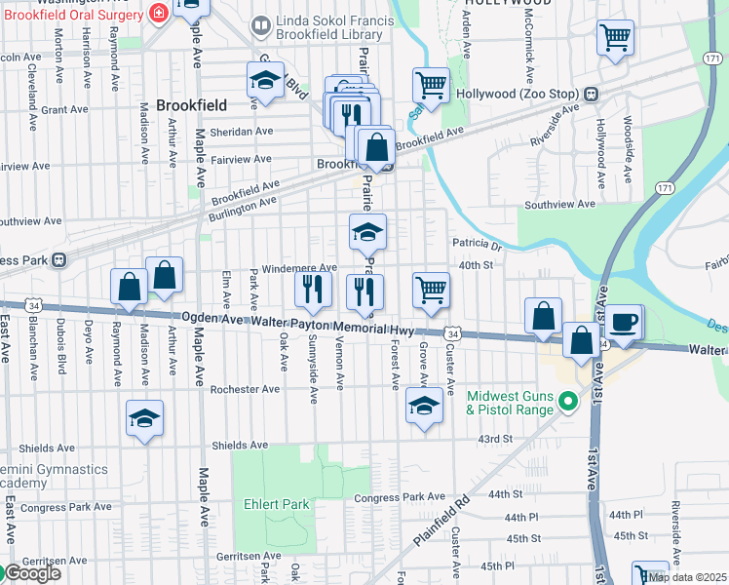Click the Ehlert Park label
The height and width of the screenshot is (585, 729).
click(277, 504)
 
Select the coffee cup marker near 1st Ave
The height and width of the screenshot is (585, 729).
click(625, 322)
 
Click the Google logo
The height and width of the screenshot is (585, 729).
click(31, 573)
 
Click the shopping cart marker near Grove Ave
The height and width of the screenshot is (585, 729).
click(431, 290)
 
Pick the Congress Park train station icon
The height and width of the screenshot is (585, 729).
click(59, 260)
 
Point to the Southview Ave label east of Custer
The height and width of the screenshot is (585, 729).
click(559, 205)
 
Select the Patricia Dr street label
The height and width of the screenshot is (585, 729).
click(476, 244)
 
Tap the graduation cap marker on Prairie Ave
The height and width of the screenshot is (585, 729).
click(367, 233)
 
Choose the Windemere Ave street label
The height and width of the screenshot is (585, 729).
click(300, 267)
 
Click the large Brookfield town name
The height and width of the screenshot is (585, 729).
click(191, 105)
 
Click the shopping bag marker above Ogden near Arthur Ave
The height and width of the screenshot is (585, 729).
click(165, 276)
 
